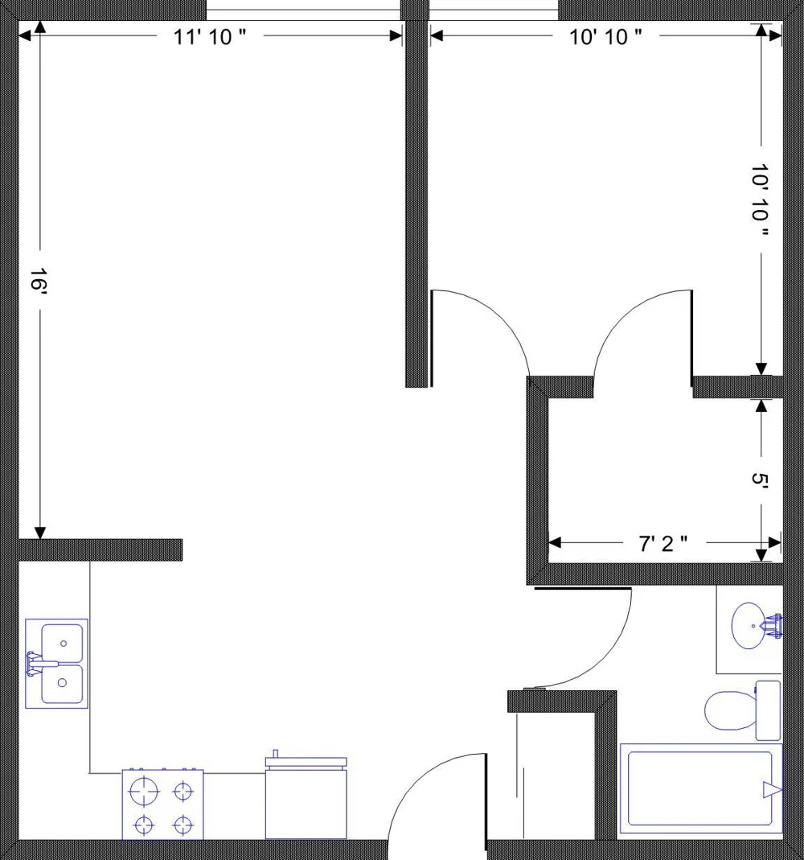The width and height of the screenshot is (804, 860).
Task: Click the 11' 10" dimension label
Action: click(210, 37)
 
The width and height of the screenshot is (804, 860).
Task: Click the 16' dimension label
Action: click(39, 279)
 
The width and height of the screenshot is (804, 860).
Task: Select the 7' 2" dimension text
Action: click(662, 544)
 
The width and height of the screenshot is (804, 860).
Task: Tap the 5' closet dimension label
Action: click(760, 480)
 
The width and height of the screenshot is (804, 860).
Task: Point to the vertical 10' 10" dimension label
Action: click(760, 200)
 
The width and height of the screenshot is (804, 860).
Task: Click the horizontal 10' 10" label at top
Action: click(605, 37)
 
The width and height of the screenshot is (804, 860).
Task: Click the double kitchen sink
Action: click(56, 664)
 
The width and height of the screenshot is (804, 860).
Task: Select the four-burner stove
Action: click(162, 804)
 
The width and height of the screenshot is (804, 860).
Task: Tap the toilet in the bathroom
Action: click(743, 710)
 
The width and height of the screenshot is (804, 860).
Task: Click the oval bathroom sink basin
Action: click(750, 626)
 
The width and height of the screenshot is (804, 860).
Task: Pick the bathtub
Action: click(701, 788)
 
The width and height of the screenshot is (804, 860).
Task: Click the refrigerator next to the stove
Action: click(306, 798)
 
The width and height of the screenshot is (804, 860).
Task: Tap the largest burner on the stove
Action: click(144, 792)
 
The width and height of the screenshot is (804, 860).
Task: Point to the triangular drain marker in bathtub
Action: click(772, 790)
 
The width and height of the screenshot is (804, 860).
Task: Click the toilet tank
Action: click(769, 710)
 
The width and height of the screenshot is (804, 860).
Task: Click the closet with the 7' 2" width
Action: click(665, 480)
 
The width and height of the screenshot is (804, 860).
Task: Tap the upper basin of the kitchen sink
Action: click(63, 643)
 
